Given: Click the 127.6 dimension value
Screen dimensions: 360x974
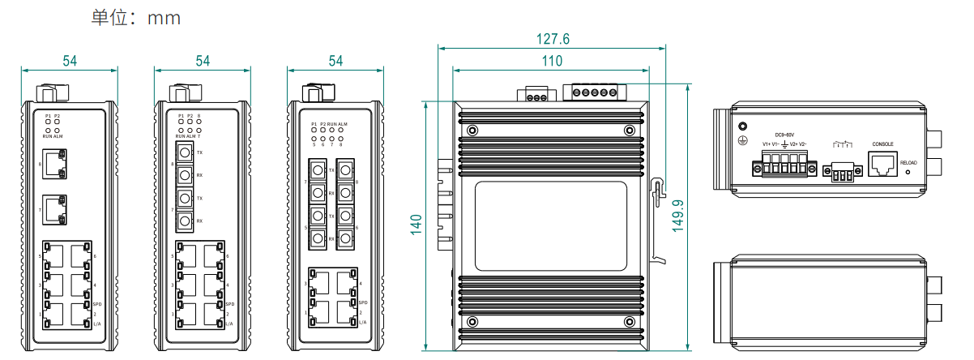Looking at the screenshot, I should click(553, 39).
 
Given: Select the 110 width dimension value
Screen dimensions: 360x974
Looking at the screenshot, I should click(552, 61).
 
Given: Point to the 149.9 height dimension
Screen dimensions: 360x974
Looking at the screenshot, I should click(678, 216).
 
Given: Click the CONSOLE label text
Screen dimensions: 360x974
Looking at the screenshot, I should click(882, 144).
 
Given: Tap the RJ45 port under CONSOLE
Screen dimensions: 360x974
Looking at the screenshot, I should click(882, 165).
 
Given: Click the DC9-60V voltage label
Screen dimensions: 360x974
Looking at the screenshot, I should click(784, 135).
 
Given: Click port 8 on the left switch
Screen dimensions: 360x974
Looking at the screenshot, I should click(55, 165).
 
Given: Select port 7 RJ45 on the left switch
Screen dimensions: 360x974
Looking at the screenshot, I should click(55, 210).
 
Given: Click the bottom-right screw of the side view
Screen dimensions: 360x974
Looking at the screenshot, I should click(628, 321).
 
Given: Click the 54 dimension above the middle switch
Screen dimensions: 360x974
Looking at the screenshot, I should click(203, 61).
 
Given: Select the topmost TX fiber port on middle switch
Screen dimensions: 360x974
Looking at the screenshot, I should click(186, 152).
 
